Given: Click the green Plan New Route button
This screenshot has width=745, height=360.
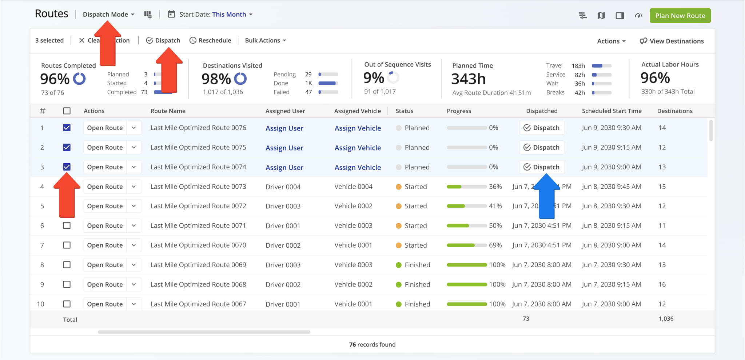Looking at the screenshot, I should (x=680, y=16).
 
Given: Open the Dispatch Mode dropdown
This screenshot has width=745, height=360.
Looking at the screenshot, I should (x=108, y=15).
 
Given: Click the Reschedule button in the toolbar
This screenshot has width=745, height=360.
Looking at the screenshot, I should (x=210, y=40).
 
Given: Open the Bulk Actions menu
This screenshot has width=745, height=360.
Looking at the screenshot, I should (x=265, y=40).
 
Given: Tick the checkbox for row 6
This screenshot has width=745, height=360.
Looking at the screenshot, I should (x=67, y=225).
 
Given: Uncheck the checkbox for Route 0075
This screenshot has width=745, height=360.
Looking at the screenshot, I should (x=67, y=147).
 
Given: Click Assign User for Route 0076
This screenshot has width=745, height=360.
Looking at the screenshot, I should (x=284, y=128).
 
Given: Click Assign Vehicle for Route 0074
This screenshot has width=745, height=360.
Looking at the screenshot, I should (x=358, y=167).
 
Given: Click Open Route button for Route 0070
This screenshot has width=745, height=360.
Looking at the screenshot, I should (x=105, y=245).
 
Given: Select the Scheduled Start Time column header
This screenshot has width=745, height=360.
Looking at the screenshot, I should (x=611, y=111).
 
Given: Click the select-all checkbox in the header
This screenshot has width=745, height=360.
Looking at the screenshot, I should (x=67, y=111).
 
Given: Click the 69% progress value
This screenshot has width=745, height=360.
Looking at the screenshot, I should (x=495, y=245).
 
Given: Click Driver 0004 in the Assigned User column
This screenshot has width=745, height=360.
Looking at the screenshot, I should (x=283, y=187).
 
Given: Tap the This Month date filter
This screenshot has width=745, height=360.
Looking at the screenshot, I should (x=229, y=15).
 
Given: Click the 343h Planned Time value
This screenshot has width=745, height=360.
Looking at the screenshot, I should (x=468, y=79).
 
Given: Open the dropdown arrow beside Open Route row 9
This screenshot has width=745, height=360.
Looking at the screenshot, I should (x=134, y=284).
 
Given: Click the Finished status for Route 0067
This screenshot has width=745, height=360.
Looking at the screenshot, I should (x=417, y=304).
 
